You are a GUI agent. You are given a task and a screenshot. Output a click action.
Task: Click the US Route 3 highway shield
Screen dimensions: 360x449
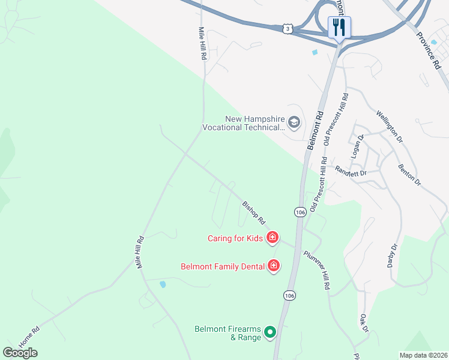tap(289, 28)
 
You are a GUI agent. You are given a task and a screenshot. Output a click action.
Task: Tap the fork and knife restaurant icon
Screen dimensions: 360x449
tap(339, 27)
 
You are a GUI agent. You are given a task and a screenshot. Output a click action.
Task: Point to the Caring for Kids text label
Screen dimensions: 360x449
tap(235, 238)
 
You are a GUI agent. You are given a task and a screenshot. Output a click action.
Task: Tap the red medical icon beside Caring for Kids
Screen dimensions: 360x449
tap(273, 238)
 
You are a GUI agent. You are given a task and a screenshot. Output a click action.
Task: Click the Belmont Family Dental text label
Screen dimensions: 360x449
tap(223, 265)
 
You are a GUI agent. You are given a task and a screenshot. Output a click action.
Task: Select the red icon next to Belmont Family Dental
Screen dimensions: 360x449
tap(274, 265)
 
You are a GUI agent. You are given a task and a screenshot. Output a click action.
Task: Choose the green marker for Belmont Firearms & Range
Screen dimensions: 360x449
tap(270, 331)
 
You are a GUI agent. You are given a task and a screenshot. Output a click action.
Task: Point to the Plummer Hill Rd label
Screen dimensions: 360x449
tap(317, 271)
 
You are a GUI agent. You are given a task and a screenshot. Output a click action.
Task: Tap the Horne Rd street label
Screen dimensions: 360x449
tap(29, 337)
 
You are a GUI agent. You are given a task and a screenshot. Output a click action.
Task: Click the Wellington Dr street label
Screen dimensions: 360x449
tap(389, 126)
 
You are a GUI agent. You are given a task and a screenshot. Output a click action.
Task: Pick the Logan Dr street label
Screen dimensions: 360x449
tap(361, 146)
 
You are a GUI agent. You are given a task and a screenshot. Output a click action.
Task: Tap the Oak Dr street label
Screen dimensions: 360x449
tap(363, 323)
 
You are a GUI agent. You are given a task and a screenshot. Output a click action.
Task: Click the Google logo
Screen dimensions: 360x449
tap(20, 353)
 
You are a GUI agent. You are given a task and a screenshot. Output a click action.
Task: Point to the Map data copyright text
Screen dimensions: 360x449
tap(423, 355)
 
